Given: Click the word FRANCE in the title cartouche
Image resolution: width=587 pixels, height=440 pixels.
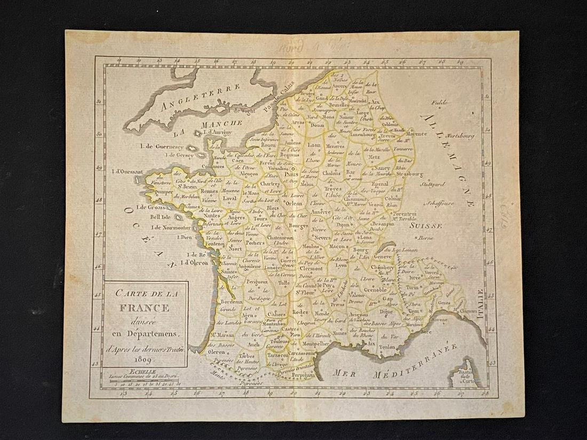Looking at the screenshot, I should pos(144,308).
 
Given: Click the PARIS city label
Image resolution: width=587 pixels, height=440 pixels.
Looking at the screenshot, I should pos(291,174).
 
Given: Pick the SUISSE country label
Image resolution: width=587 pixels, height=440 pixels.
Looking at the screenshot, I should pos(426,225).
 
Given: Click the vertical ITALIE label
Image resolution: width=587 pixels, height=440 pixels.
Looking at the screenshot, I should pos(480,304).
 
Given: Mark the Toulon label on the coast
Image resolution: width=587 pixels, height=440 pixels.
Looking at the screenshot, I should pos(387,346).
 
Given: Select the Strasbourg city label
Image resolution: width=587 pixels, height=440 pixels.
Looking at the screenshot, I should pos(409,174).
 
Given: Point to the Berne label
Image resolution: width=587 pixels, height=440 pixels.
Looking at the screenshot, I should pos(425,238).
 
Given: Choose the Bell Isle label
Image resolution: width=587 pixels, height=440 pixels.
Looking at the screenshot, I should pos(160,217).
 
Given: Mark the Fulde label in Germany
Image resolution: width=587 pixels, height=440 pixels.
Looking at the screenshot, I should pos(440,102).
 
